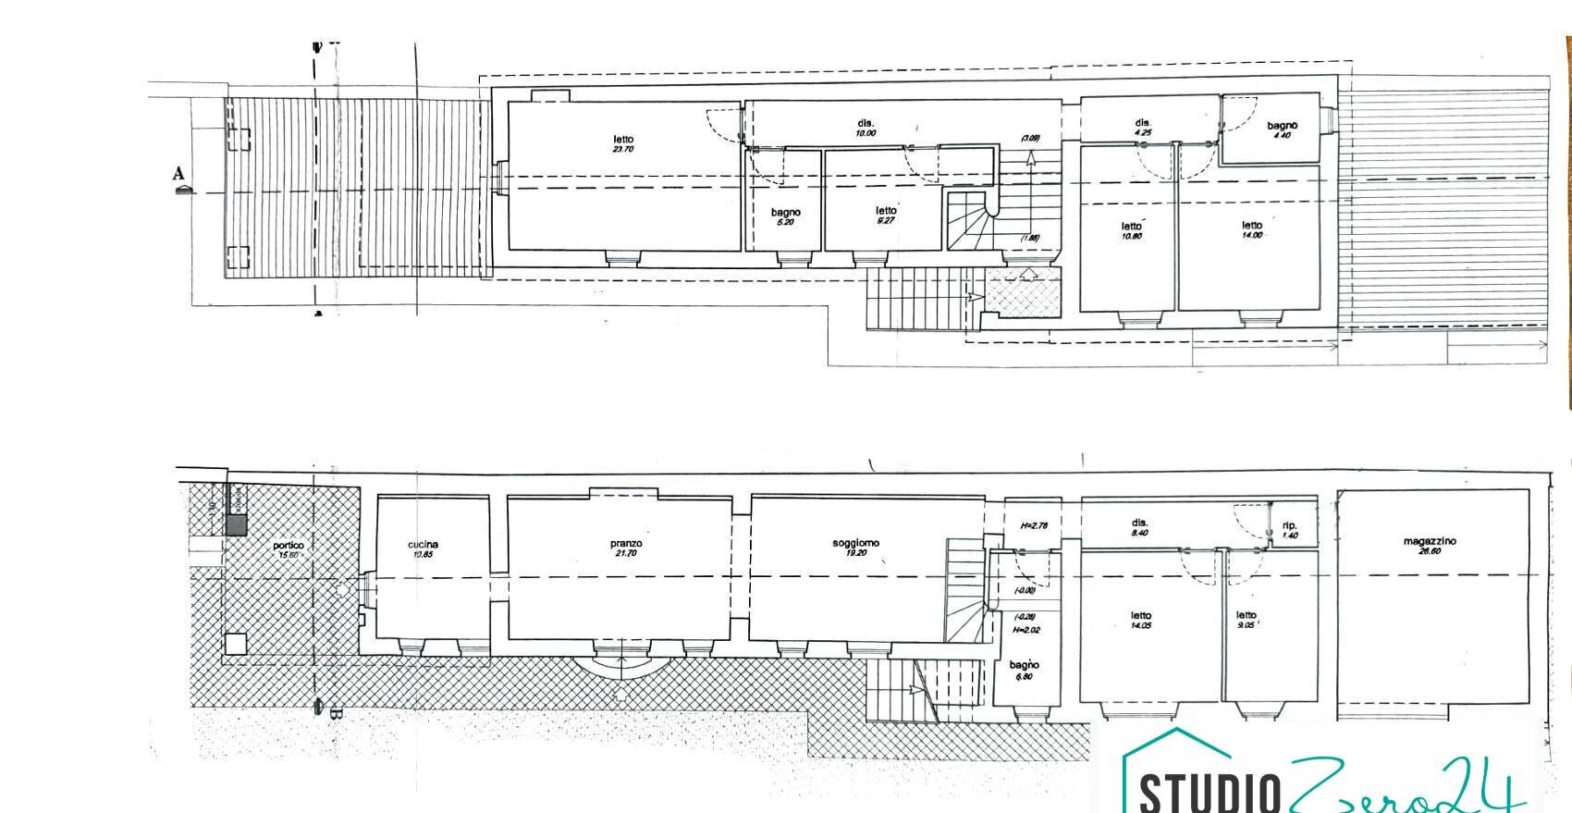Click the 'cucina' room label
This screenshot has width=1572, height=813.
coord(423,545)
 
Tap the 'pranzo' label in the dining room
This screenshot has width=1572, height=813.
coord(625,544)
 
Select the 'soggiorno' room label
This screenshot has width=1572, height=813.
coord(855,543)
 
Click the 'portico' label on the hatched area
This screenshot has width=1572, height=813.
coord(289,546)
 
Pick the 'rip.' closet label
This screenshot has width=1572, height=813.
coord(1290,525)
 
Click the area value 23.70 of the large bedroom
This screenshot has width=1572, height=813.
coord(622,150)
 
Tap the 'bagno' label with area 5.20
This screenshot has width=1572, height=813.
coord(786,212)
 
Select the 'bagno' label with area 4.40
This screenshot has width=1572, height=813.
coord(1283,126)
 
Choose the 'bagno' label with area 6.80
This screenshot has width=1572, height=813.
coord(1024,665)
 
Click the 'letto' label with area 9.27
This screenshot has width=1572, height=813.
coord(885,211)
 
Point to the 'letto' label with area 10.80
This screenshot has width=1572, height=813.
coord(1132,226)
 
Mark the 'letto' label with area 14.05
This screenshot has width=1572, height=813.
coord(1140,616)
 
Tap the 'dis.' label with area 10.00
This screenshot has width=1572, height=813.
coord(866,123)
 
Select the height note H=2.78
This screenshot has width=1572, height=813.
coord(1034,526)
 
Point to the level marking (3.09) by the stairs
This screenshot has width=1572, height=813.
coord(1029,139)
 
